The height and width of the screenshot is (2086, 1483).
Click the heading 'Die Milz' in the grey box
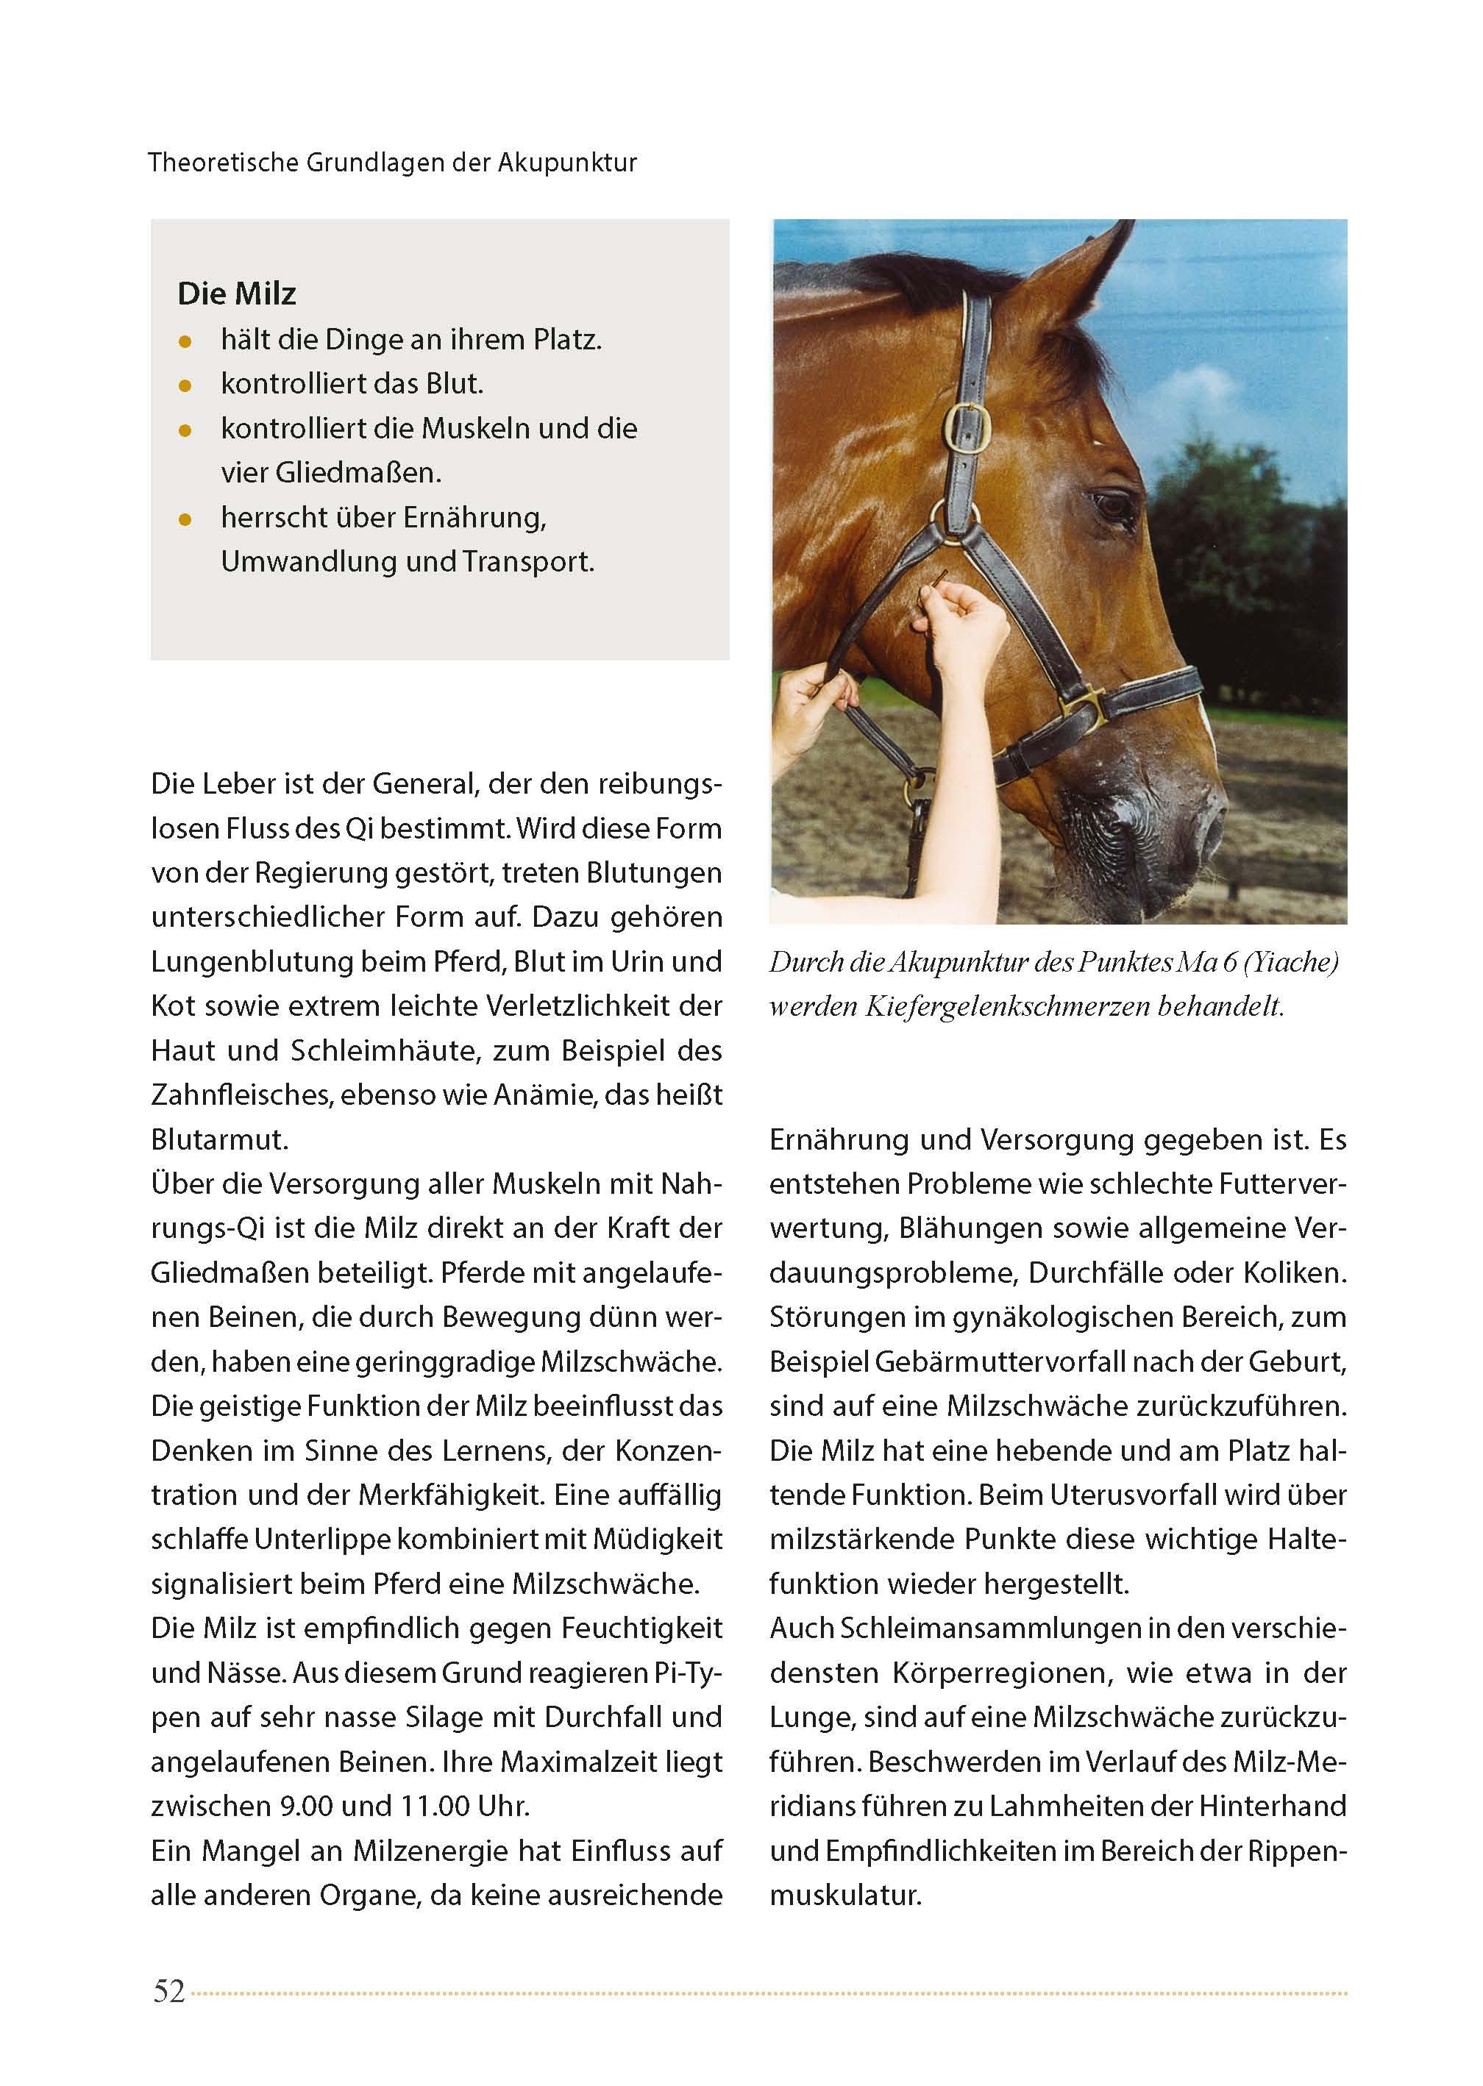[x=237, y=294]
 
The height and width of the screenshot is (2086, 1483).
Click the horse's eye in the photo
[x=1112, y=504]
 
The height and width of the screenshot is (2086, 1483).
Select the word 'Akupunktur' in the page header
[x=567, y=163]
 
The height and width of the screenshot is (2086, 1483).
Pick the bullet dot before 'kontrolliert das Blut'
[x=185, y=386]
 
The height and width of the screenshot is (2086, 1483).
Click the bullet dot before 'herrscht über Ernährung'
[x=185, y=520]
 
